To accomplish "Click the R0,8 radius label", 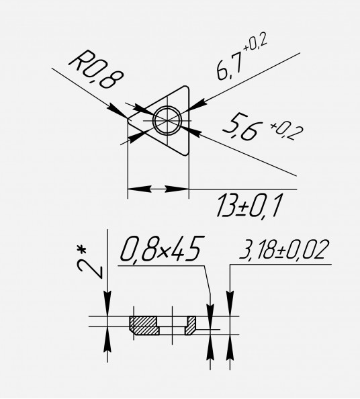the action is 96,69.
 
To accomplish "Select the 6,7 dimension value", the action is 229,67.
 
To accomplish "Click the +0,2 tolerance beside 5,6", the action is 287,131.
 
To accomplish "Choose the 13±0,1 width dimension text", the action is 249,206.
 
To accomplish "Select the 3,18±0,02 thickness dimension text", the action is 283,250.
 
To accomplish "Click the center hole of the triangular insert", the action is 167,120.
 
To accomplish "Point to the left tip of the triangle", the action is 128,119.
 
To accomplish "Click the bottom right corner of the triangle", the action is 187,153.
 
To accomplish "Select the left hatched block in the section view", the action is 144,326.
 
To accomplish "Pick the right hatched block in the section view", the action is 191,326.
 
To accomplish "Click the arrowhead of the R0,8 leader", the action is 118,111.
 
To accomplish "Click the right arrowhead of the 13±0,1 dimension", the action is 177,189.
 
